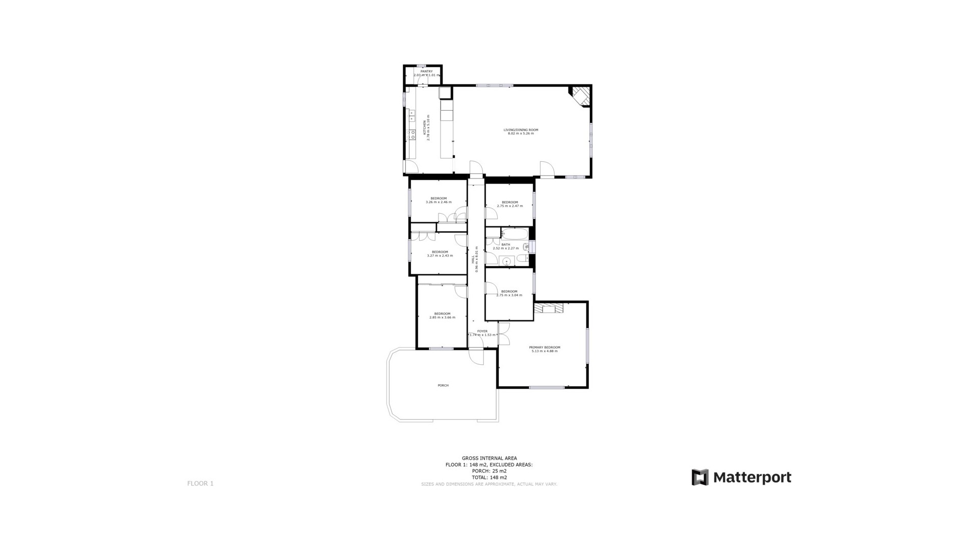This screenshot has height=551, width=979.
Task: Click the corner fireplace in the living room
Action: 581,95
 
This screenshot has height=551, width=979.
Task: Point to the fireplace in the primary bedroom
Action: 550,309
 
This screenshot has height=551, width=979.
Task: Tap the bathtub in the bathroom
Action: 514,234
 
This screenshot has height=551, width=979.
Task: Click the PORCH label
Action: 443,385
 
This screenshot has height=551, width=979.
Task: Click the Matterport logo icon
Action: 700,477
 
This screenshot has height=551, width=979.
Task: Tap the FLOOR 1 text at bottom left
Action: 200,483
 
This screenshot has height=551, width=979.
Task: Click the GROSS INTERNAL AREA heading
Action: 489,458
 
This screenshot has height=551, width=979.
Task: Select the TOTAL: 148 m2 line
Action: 489,478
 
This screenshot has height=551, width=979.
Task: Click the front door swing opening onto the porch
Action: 477,357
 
